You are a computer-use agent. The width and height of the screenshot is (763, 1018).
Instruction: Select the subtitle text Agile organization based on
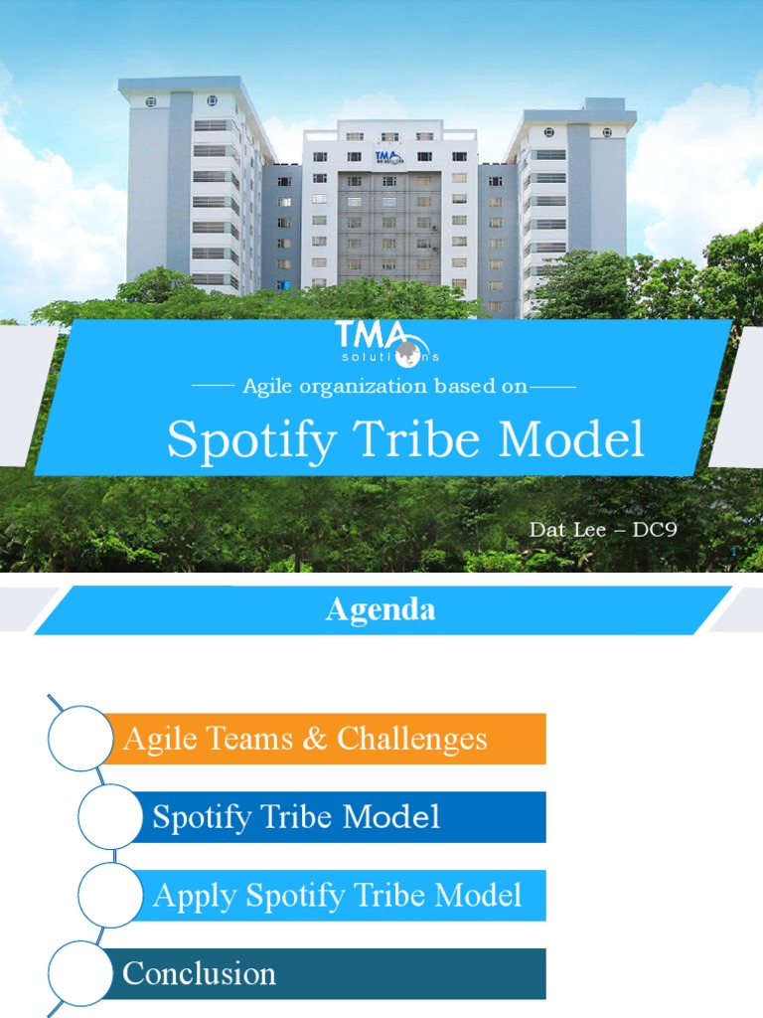(385, 387)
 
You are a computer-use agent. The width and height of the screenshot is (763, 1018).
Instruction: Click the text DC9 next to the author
(655, 529)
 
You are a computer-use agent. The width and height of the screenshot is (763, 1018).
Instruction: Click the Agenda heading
(381, 609)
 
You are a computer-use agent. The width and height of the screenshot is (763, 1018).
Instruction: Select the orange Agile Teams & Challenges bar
(328, 739)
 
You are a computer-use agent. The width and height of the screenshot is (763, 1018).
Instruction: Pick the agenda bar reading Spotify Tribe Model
(338, 817)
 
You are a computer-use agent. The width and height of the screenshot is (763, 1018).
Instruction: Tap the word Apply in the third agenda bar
(195, 896)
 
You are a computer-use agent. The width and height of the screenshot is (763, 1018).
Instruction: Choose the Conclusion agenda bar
(328, 973)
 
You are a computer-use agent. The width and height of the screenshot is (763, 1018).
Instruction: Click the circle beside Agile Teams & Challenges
(80, 739)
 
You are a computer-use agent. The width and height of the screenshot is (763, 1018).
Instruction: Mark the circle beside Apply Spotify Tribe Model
(110, 896)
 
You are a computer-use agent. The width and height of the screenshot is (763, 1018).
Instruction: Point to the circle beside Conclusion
(80, 973)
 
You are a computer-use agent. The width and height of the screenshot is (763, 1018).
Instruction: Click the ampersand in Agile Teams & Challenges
(317, 739)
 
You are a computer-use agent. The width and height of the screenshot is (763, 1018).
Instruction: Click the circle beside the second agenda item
(110, 817)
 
